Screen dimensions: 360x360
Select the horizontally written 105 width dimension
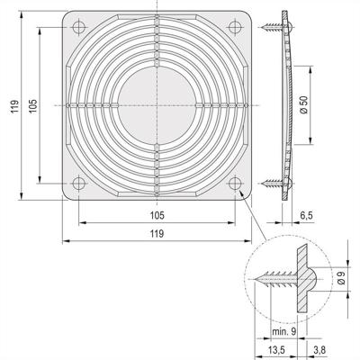157,215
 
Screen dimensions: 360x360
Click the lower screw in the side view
273,185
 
